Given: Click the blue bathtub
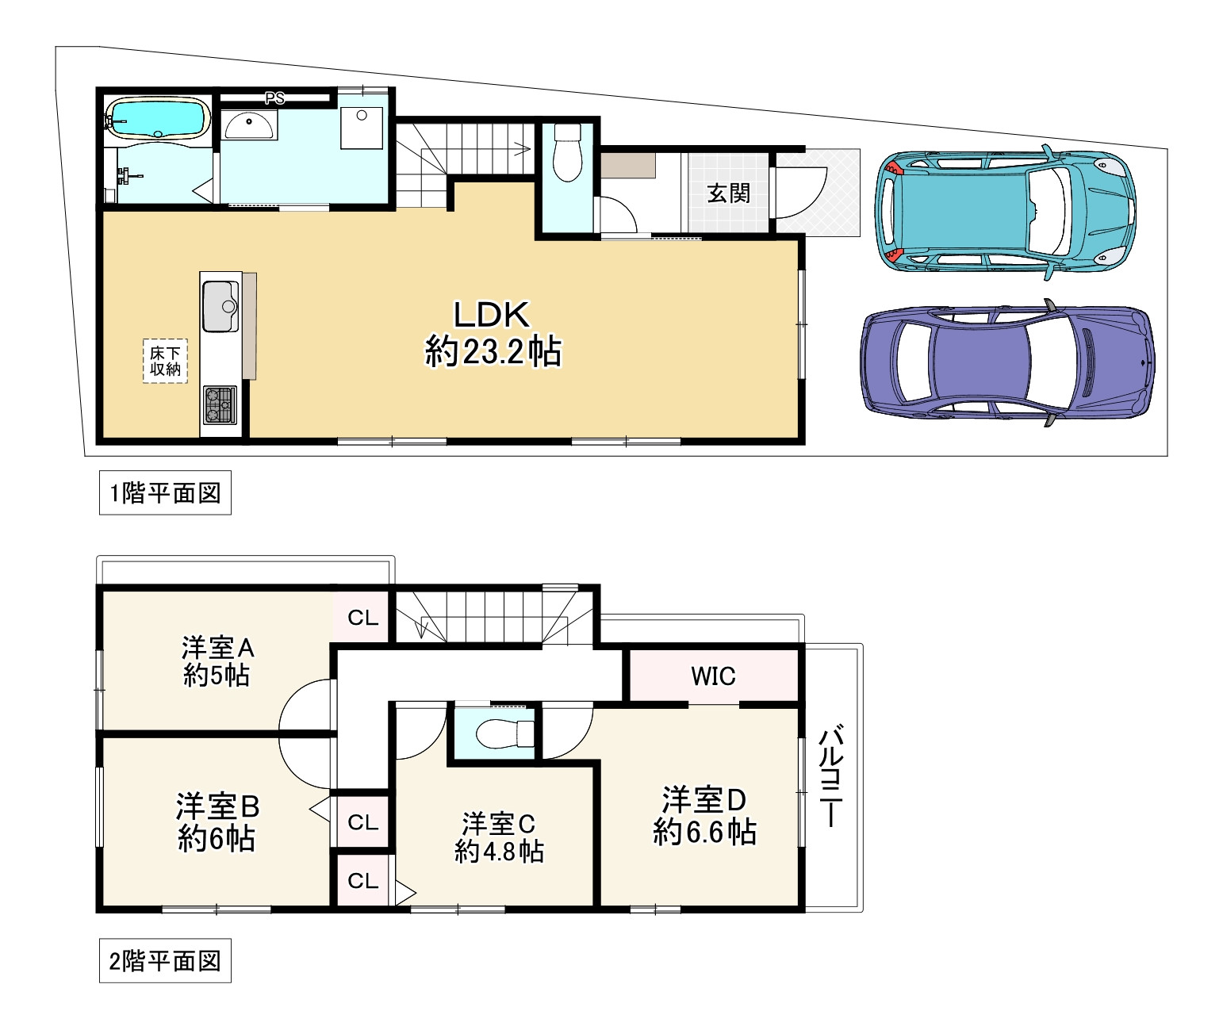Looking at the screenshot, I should [157, 119].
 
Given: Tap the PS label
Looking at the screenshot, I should [274, 98].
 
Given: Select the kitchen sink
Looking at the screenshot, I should [220, 306].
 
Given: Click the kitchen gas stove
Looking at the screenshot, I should [220, 404].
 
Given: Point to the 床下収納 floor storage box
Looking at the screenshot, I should [165, 361].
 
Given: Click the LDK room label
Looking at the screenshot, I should [492, 316].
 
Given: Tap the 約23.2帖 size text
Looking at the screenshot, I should [493, 351].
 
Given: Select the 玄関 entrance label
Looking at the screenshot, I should [728, 193].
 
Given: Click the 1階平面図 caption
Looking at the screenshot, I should [165, 493].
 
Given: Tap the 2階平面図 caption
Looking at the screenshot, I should [165, 961].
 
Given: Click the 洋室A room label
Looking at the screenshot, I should [217, 648].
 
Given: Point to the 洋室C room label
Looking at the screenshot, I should [499, 823].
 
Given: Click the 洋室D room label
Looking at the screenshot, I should [704, 799].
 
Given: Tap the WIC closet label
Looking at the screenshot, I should [713, 676].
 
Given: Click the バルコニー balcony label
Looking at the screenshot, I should [830, 776].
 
